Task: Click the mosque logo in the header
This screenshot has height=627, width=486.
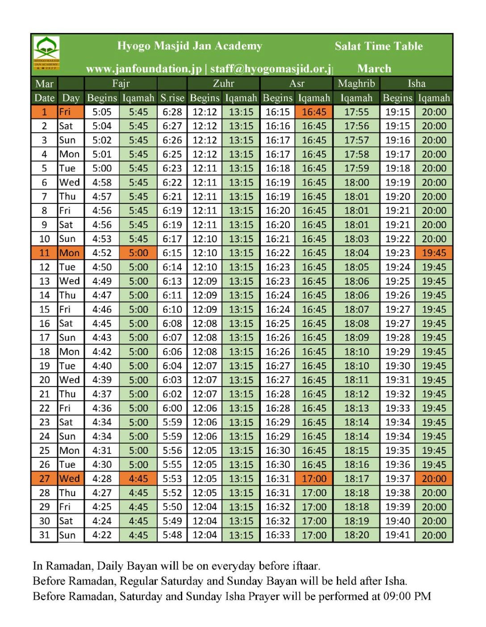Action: pyautogui.click(x=46, y=53)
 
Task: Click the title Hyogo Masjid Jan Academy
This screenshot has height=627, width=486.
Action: pyautogui.click(x=189, y=46)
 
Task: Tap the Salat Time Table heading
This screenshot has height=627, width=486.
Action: pyautogui.click(x=378, y=46)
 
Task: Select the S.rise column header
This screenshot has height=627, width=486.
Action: pyautogui.click(x=172, y=98)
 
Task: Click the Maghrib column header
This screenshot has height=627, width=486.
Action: pyautogui.click(x=356, y=83)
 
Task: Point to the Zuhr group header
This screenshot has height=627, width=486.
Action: pyautogui.click(x=223, y=83)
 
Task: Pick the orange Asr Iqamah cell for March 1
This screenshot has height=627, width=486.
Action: pyautogui.click(x=314, y=112)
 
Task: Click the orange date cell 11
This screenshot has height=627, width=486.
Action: pyautogui.click(x=44, y=253)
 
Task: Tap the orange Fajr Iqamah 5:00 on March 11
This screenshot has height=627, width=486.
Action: pyautogui.click(x=138, y=253)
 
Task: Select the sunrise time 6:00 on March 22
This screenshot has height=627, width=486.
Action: pyautogui.click(x=172, y=408)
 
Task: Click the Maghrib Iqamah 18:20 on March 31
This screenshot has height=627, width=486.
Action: pyautogui.click(x=356, y=535)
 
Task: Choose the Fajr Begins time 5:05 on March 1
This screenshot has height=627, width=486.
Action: pyautogui.click(x=102, y=112)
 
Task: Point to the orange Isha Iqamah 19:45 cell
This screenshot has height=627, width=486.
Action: pyautogui.click(x=434, y=253)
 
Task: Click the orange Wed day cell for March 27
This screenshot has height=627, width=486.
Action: pyautogui.click(x=70, y=479)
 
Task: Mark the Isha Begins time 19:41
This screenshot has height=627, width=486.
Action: pyautogui.click(x=398, y=535)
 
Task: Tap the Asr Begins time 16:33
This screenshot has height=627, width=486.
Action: pyautogui.click(x=277, y=535)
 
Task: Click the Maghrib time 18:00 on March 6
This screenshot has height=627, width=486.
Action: pyautogui.click(x=356, y=183)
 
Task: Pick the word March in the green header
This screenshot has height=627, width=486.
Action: pyautogui.click(x=374, y=69)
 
